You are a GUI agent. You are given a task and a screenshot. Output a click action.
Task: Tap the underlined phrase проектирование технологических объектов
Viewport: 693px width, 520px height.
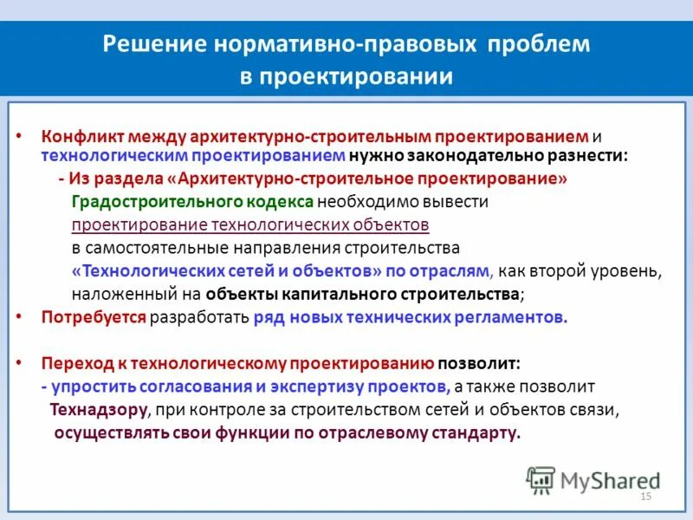click(x=250, y=224)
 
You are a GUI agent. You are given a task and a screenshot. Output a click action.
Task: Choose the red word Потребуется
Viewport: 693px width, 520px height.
click(x=94, y=316)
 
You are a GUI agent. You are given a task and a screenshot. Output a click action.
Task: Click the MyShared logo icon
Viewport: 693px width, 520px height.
click(x=541, y=479)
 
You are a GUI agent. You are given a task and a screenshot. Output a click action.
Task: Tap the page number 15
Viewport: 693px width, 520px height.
click(x=644, y=496)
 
